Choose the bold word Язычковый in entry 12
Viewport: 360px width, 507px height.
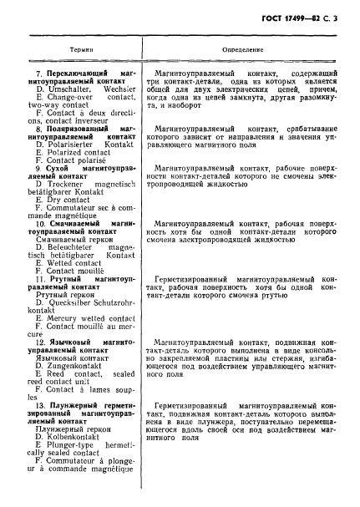tap(70, 343)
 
